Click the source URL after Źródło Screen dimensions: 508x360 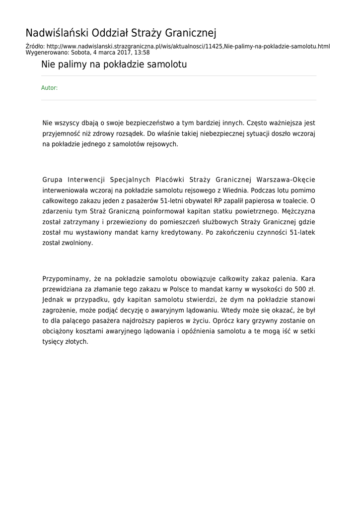[186, 47]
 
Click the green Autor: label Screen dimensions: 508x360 [49, 88]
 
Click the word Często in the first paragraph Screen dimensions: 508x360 [257, 122]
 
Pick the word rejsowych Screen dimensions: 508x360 [161, 144]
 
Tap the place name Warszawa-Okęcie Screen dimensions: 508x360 [286, 179]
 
